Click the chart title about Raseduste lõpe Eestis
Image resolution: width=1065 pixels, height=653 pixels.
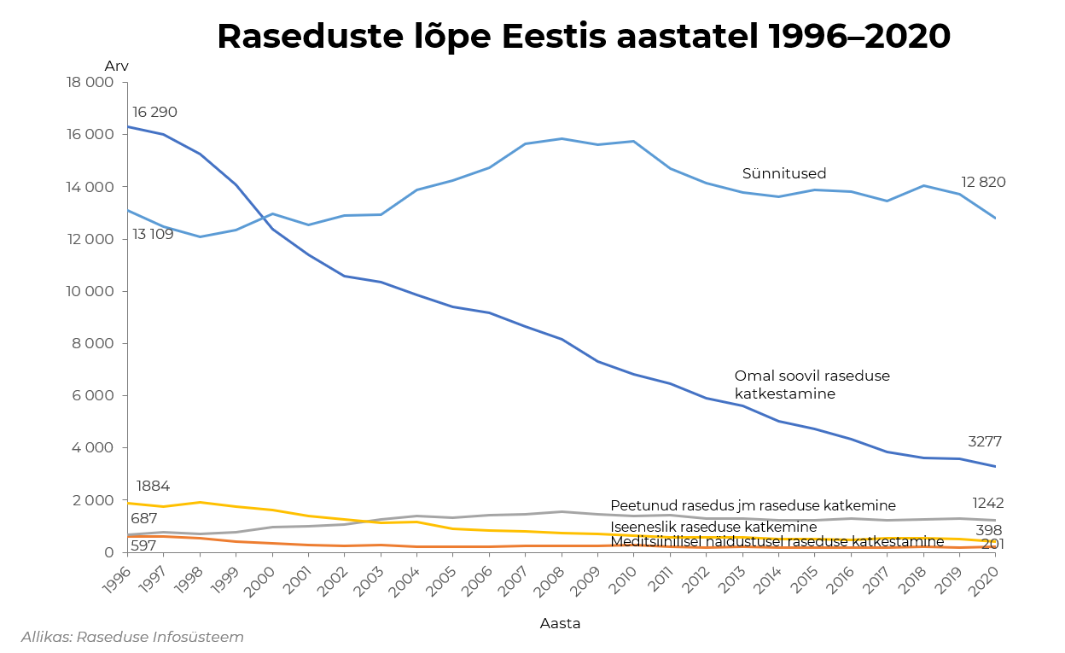tap(583, 37)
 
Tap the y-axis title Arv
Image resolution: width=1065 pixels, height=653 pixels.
tap(116, 67)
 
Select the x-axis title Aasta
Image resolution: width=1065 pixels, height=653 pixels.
tap(560, 623)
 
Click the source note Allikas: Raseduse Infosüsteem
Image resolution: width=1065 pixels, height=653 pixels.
tap(132, 637)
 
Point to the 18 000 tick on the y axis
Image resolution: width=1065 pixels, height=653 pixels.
tap(90, 83)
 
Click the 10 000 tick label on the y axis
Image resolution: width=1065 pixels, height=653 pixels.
tap(90, 291)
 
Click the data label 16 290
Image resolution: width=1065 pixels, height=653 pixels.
tap(154, 113)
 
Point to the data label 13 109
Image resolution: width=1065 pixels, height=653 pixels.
tap(153, 234)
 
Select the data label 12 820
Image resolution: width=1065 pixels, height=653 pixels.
tap(983, 182)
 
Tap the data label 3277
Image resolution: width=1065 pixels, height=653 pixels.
tap(984, 441)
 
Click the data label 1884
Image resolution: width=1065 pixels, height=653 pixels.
tap(153, 487)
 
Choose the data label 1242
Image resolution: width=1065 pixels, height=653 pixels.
tap(987, 503)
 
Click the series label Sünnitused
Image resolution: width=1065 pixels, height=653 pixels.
tap(783, 174)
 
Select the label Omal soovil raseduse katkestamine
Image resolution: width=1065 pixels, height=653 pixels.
tap(800, 385)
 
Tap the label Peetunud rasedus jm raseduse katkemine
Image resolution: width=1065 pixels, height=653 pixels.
tap(753, 505)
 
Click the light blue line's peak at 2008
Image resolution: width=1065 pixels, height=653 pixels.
tap(562, 138)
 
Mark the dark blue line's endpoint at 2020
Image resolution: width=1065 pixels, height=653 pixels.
tap(995, 466)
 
